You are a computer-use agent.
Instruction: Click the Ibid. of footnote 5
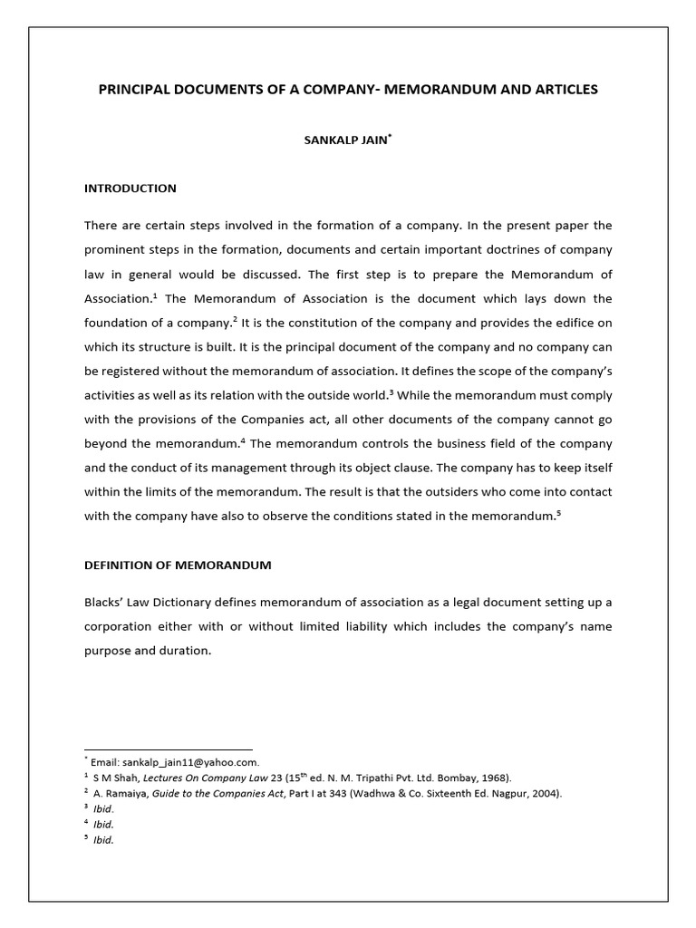pos(103,840)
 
